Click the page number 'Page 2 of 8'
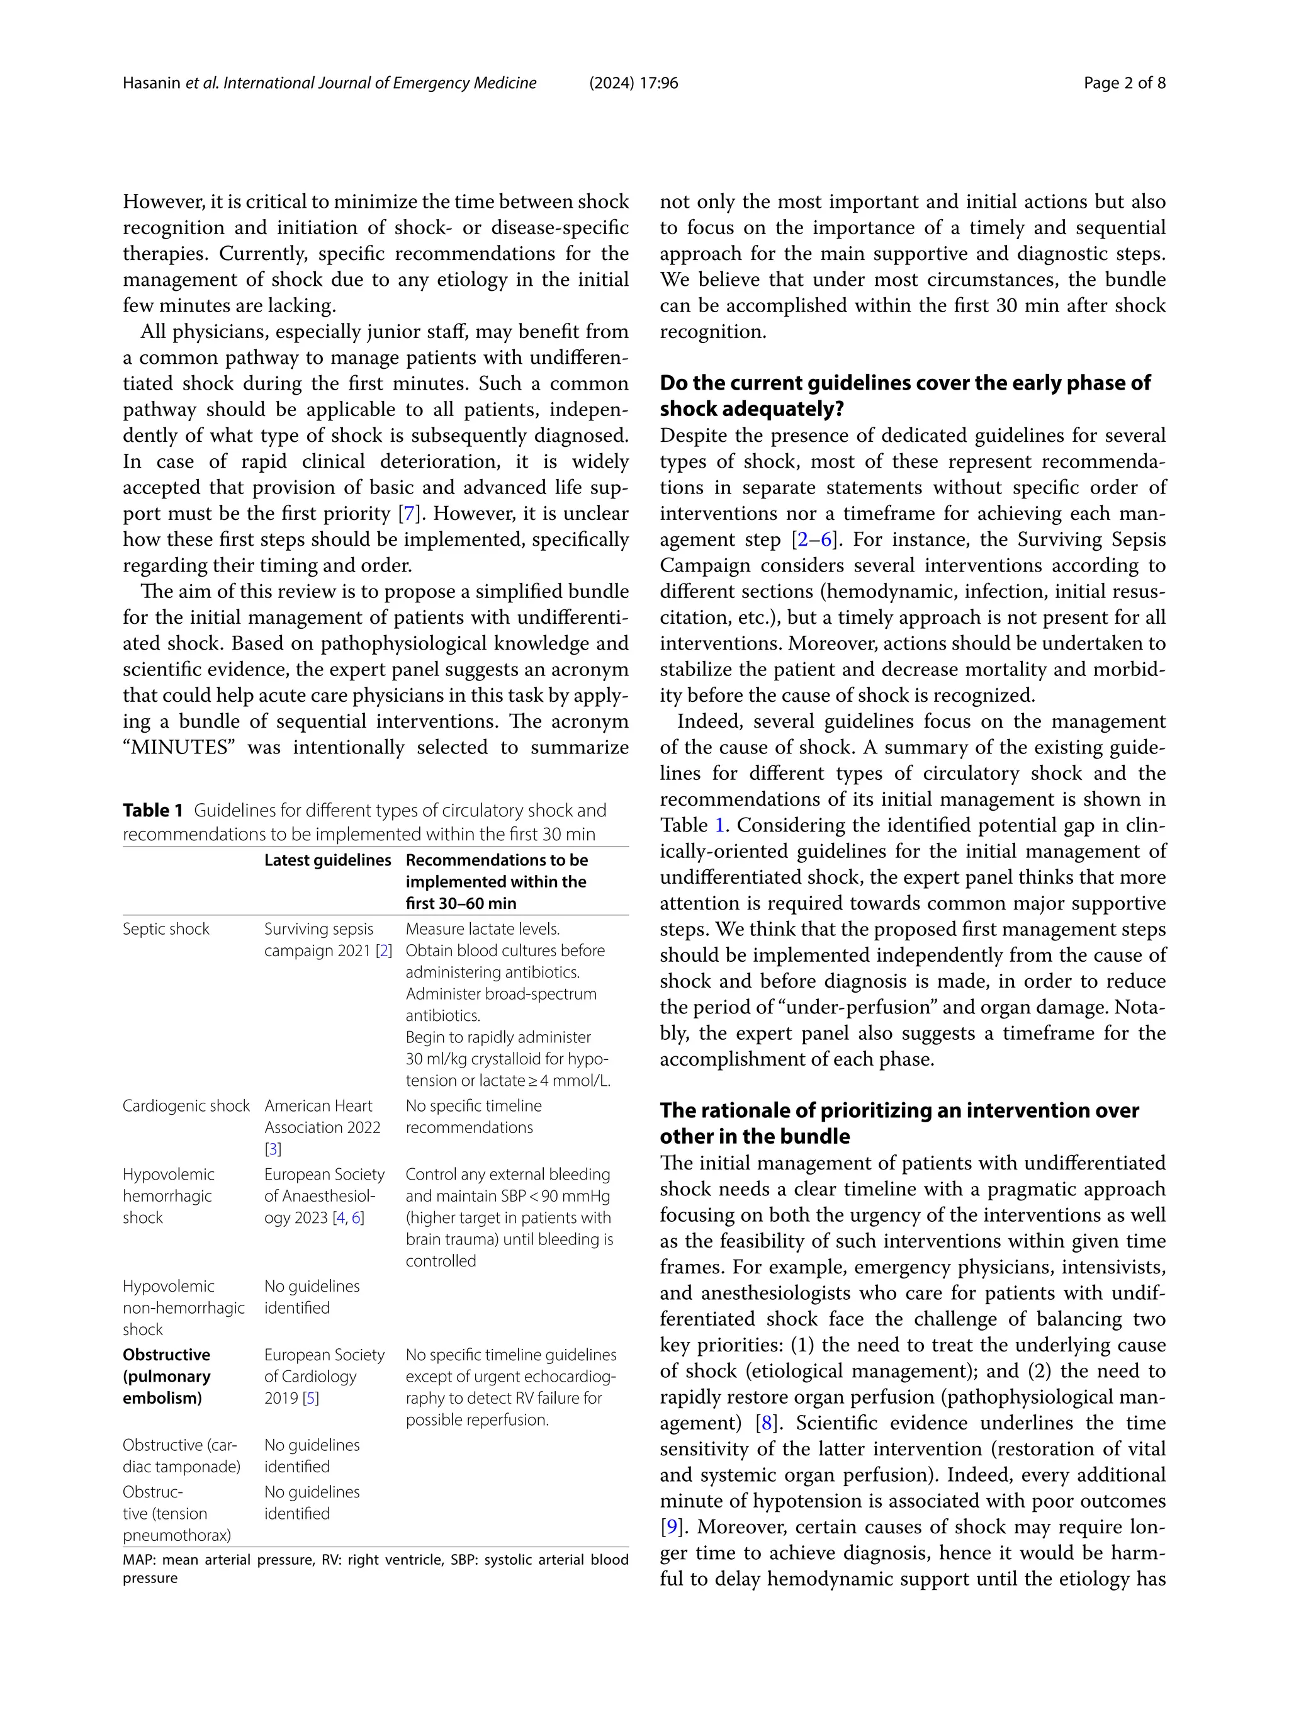[1123, 83]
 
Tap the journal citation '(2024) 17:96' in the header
[633, 83]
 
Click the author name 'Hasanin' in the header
[152, 83]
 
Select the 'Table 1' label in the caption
[152, 811]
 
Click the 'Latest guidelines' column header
[327, 860]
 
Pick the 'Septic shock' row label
[166, 930]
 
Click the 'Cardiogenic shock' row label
[186, 1106]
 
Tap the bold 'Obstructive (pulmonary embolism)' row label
[166, 1377]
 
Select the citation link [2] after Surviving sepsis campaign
[383, 951]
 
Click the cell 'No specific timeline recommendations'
[473, 1117]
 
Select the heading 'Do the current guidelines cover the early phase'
[904, 383]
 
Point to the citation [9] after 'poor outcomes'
[670, 1527]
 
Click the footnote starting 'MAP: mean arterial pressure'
[374, 1560]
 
